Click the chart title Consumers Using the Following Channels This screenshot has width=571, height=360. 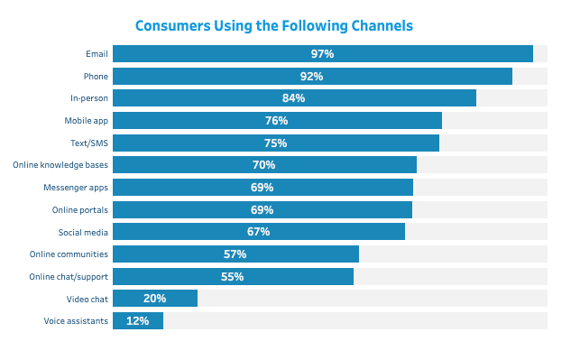point(274,25)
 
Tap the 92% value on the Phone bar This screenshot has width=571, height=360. point(311,77)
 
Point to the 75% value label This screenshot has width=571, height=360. point(275,143)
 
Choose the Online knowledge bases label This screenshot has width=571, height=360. point(60,165)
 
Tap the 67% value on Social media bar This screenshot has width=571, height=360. point(258,232)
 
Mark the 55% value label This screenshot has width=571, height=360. point(232,277)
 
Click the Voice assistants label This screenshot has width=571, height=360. point(76,321)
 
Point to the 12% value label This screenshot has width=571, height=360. point(137,321)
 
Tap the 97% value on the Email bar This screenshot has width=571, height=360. point(322,54)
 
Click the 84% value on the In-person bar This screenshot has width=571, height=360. point(293,98)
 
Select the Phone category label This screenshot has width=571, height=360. point(96,76)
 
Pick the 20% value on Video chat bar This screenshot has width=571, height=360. point(154,299)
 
